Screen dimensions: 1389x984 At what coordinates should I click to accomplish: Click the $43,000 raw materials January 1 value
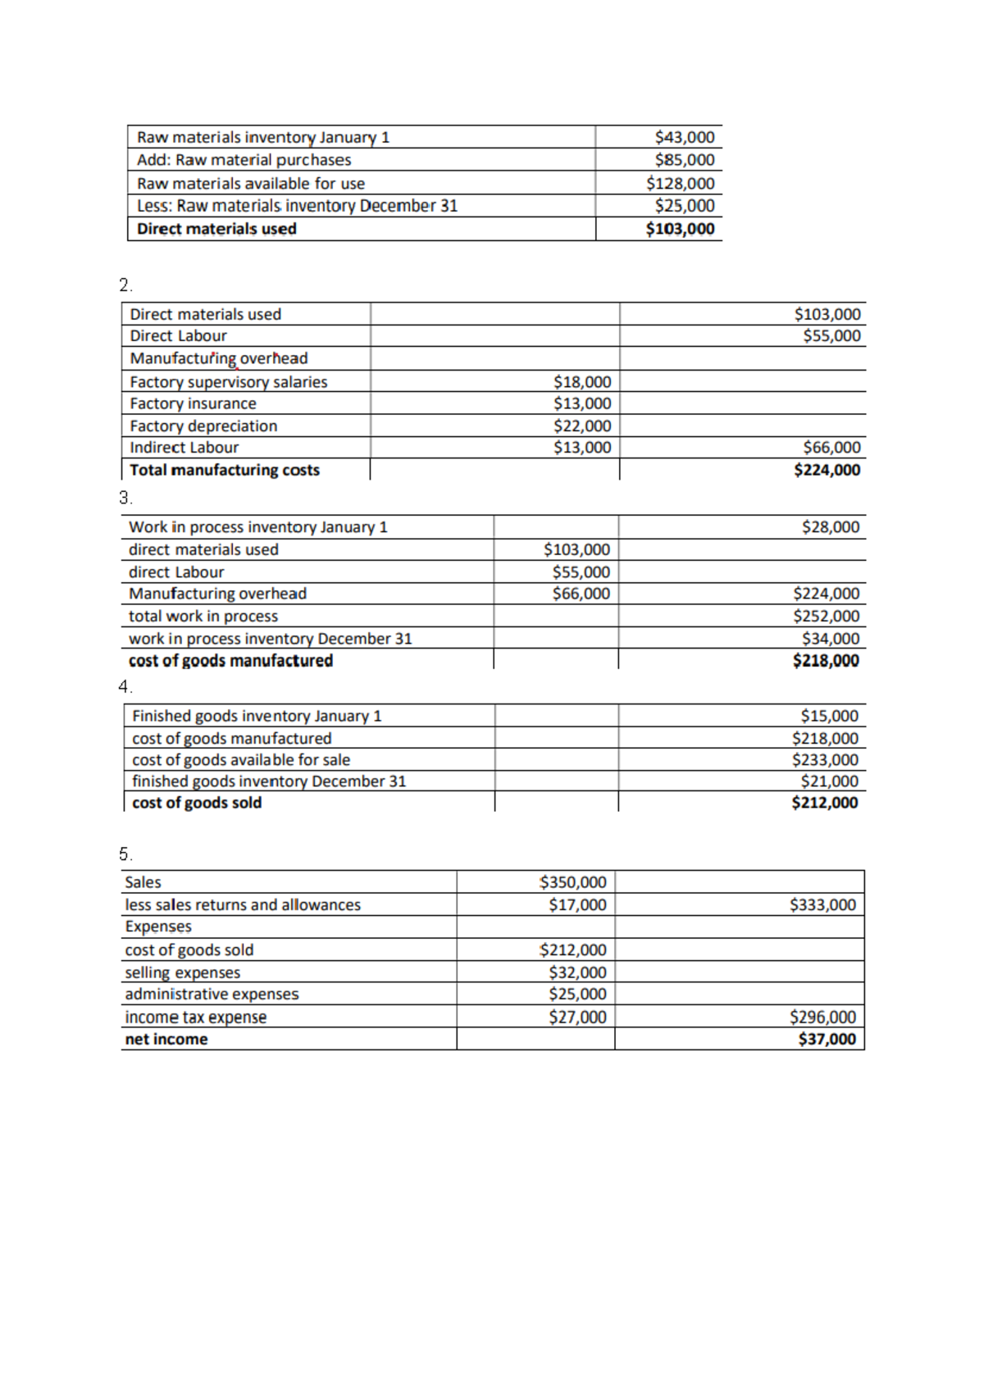pos(684,137)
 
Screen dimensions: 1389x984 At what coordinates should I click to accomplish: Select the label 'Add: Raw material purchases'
pos(244,160)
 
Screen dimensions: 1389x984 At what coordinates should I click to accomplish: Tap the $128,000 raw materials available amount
pos(680,183)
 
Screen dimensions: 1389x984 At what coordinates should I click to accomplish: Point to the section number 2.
pos(125,285)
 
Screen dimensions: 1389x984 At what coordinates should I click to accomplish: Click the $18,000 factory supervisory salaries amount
pos(581,381)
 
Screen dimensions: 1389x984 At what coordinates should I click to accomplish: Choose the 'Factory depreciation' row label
pos(203,426)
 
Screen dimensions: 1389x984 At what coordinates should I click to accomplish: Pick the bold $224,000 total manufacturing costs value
pos(827,470)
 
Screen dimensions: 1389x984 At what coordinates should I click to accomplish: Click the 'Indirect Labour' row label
pos(184,447)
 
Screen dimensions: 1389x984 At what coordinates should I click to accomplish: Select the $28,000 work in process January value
pos(831,526)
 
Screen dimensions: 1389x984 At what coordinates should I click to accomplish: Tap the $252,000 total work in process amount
pos(826,616)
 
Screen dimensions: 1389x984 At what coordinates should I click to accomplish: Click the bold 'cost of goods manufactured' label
pos(230,660)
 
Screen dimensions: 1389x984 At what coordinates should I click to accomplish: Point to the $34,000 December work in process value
pos(831,638)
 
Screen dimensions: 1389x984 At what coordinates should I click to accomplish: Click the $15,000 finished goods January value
pos(829,716)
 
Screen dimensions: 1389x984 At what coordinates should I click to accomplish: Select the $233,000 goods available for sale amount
pos(825,759)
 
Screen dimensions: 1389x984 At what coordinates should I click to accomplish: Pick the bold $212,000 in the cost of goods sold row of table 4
pos(824,803)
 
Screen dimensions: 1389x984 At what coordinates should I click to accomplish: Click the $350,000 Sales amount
pos(572,882)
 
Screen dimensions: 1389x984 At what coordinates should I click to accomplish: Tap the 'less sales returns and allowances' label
pos(242,904)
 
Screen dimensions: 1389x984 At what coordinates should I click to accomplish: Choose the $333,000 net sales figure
pos(822,904)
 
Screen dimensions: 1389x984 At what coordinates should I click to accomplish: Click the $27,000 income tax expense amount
pos(577,1017)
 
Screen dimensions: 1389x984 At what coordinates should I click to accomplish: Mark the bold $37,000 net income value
pos(827,1039)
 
